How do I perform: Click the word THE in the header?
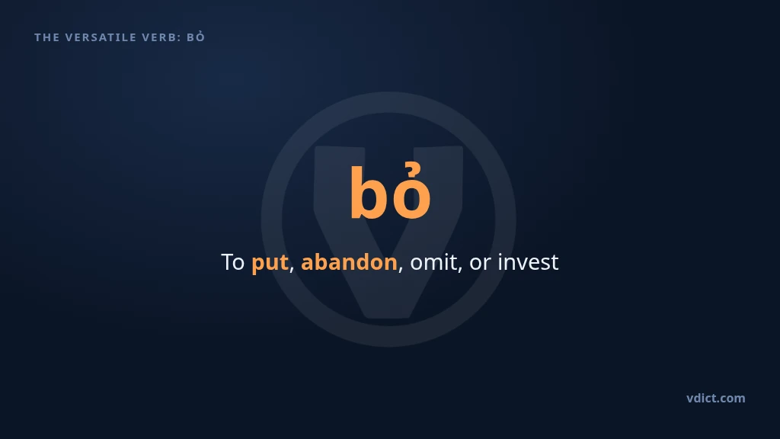46,37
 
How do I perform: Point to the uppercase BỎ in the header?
196,37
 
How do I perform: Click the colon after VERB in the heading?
178,38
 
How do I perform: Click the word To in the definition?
233,262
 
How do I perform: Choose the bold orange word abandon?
349,262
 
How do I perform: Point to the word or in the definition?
480,264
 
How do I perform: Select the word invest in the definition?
529,262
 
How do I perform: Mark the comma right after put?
292,269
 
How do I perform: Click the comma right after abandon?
401,269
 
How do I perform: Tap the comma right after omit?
459,269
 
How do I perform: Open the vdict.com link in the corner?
716,398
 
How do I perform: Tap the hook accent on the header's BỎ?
200,32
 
